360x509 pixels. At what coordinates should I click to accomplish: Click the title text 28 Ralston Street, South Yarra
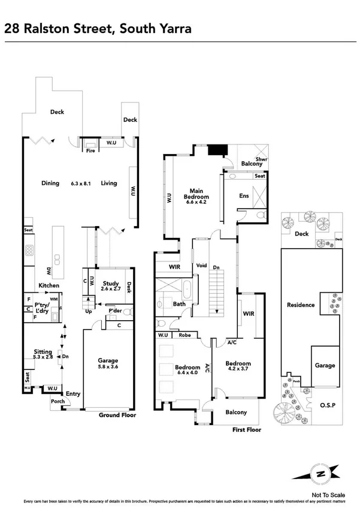coord(98,29)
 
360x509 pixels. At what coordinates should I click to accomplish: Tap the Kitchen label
coord(49,286)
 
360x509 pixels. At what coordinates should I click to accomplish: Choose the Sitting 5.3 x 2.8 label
coord(43,354)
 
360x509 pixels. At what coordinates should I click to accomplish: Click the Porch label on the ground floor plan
coord(58,402)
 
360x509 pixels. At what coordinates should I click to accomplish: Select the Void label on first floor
coord(202,266)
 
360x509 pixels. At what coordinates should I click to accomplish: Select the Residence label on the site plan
coord(300,305)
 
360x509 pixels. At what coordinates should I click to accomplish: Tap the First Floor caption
coord(247,429)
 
